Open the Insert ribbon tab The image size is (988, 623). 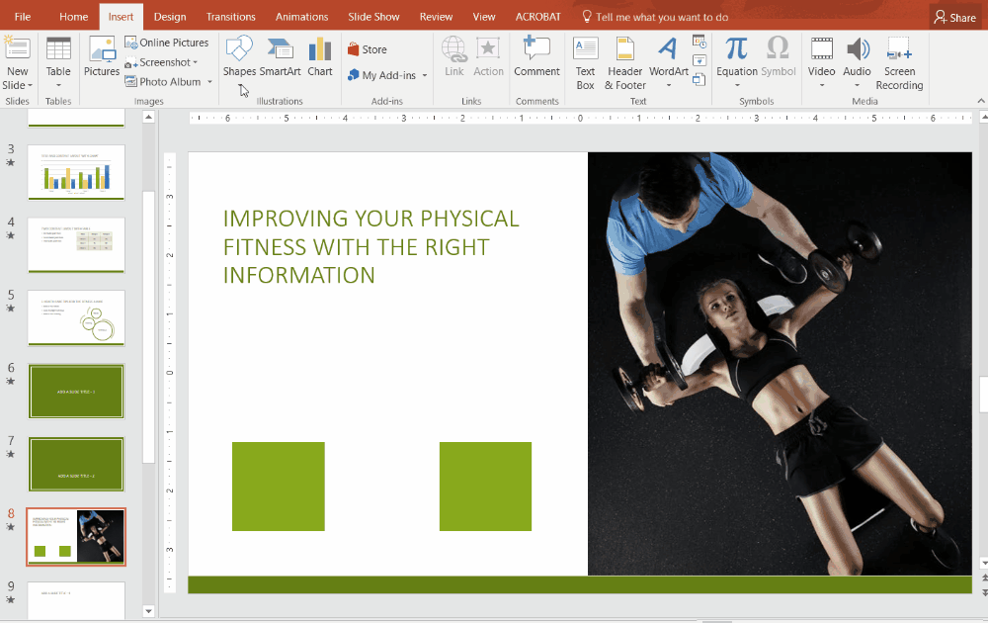tap(121, 17)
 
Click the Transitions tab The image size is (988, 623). tap(230, 17)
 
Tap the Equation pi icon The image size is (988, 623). tap(736, 49)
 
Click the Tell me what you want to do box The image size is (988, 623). tap(661, 17)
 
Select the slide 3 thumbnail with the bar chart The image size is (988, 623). tap(76, 173)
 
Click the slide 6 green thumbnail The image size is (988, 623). tap(76, 392)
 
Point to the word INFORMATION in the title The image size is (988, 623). tap(299, 274)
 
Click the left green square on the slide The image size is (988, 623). tap(279, 487)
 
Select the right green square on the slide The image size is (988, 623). tap(485, 487)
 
